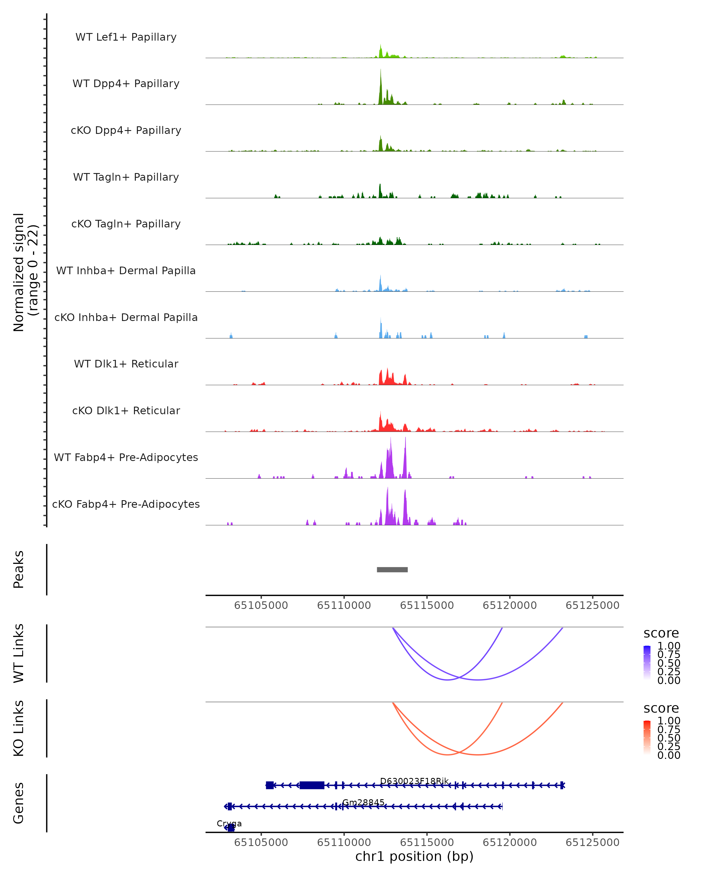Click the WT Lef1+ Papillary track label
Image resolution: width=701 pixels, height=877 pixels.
click(x=126, y=37)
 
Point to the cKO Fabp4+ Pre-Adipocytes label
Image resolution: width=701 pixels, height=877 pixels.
click(x=126, y=504)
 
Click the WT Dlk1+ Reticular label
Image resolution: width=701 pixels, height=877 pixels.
click(x=126, y=364)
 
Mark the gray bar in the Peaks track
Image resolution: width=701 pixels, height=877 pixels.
click(x=392, y=569)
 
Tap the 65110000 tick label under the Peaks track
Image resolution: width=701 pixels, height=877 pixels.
click(x=344, y=605)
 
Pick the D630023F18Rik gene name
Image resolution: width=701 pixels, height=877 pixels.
click(x=414, y=781)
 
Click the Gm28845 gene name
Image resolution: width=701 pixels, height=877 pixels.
click(x=363, y=802)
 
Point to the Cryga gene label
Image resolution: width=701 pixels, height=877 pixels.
click(x=229, y=824)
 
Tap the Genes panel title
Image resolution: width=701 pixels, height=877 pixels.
click(x=19, y=803)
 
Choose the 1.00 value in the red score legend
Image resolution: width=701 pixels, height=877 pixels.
click(x=669, y=721)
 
